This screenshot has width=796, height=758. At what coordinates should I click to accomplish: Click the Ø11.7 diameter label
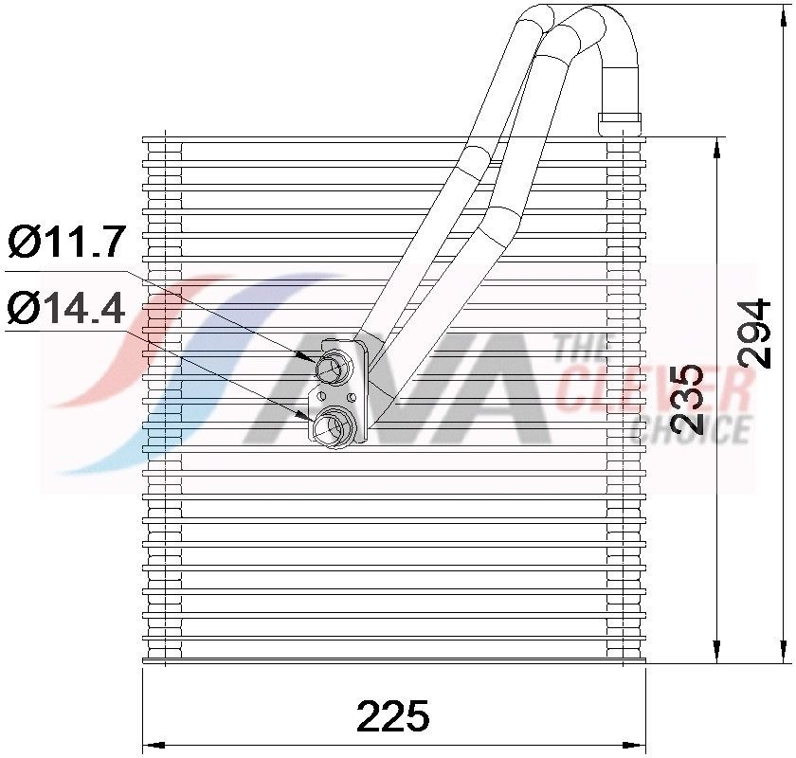click(x=66, y=243)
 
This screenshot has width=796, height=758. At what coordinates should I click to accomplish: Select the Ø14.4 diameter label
click(x=66, y=308)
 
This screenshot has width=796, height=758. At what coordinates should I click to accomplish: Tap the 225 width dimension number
click(x=393, y=716)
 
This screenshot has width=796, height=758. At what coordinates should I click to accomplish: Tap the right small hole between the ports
click(x=352, y=395)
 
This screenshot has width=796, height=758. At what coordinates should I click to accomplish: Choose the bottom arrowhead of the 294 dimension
click(x=785, y=654)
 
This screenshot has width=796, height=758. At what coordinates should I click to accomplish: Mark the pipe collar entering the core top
click(x=621, y=122)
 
